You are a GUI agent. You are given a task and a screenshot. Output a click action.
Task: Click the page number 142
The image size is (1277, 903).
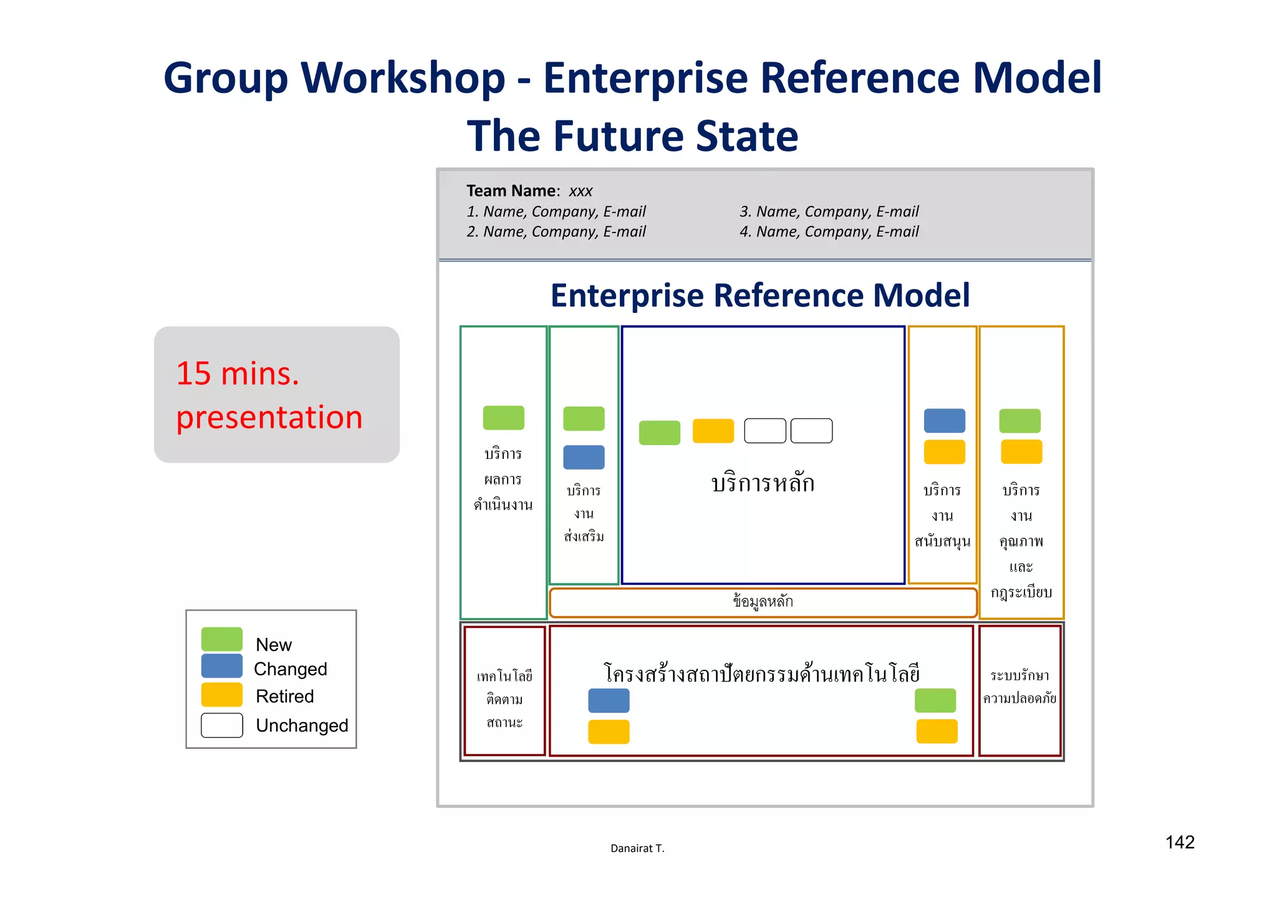click(x=1179, y=842)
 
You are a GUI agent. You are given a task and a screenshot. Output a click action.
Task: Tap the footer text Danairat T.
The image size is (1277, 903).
click(x=637, y=848)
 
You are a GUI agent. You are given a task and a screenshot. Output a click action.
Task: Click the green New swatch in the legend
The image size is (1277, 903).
click(x=221, y=639)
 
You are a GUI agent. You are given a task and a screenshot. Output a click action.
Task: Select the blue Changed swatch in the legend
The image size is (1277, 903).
click(x=221, y=665)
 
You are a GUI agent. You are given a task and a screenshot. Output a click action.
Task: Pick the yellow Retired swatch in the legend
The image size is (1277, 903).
click(x=221, y=694)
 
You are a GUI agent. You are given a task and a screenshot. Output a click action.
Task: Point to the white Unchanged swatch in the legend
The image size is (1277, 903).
click(x=221, y=725)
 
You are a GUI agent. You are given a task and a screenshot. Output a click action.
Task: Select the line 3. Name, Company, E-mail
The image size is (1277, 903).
click(x=829, y=211)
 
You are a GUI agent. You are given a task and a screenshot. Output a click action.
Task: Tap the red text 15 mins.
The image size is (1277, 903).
click(x=238, y=374)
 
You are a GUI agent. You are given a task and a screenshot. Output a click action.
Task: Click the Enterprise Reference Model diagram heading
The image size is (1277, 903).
click(x=759, y=296)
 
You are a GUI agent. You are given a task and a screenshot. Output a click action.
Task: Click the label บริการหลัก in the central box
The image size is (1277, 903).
click(x=763, y=483)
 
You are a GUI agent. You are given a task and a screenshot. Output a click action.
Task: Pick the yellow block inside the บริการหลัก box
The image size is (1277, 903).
click(x=713, y=431)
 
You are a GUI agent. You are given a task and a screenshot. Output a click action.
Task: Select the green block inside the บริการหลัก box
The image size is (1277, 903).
click(x=659, y=432)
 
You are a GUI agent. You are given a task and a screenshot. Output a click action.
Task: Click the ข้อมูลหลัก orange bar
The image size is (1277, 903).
click(x=763, y=602)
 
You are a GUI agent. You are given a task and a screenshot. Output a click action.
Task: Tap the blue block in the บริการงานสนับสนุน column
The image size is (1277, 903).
click(x=944, y=420)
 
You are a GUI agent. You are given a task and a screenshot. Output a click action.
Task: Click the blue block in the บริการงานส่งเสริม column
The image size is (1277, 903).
click(x=584, y=457)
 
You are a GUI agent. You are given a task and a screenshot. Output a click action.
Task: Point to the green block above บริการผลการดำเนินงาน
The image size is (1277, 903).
click(x=503, y=417)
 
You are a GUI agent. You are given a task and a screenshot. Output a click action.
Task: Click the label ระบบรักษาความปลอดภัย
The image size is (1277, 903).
click(x=1019, y=687)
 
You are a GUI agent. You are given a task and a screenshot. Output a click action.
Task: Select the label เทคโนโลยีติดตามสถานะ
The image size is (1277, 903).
click(x=504, y=699)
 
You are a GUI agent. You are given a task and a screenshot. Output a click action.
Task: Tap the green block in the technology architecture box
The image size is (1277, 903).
click(x=935, y=700)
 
